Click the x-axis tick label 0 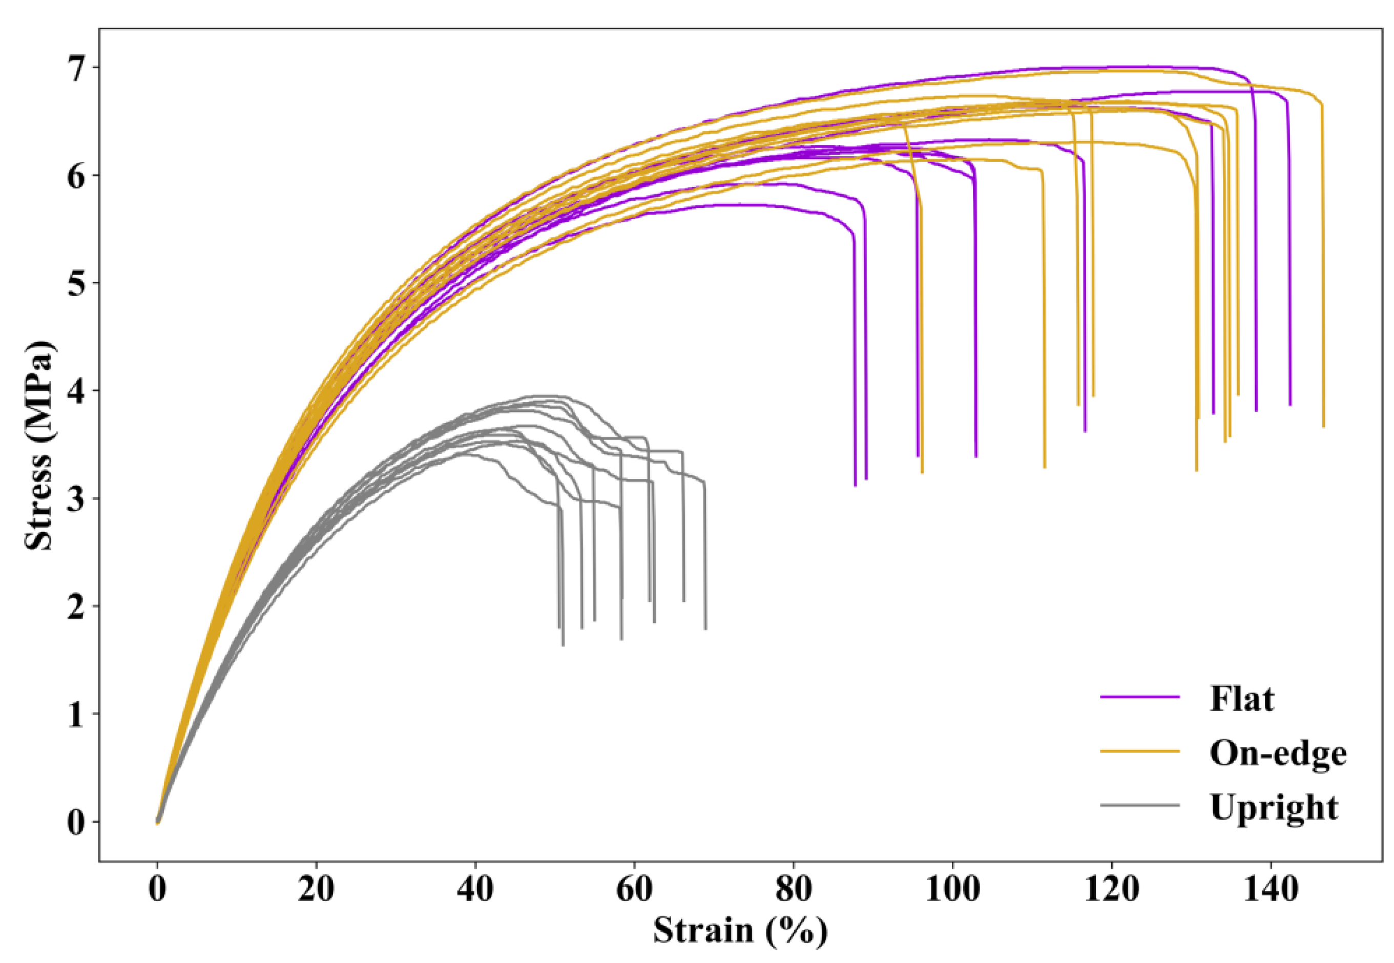pos(157,890)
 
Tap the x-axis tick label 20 pos(316,890)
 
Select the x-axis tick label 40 pos(475,890)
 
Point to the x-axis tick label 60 pos(634,890)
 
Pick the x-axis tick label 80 pos(793,890)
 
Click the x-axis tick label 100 pos(952,890)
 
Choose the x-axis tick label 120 pos(1112,890)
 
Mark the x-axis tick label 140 pos(1271,890)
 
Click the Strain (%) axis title pos(740,931)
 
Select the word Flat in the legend pos(1242,699)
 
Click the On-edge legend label pos(1278,753)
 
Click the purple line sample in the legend pos(1139,697)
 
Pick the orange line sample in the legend pos(1139,751)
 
